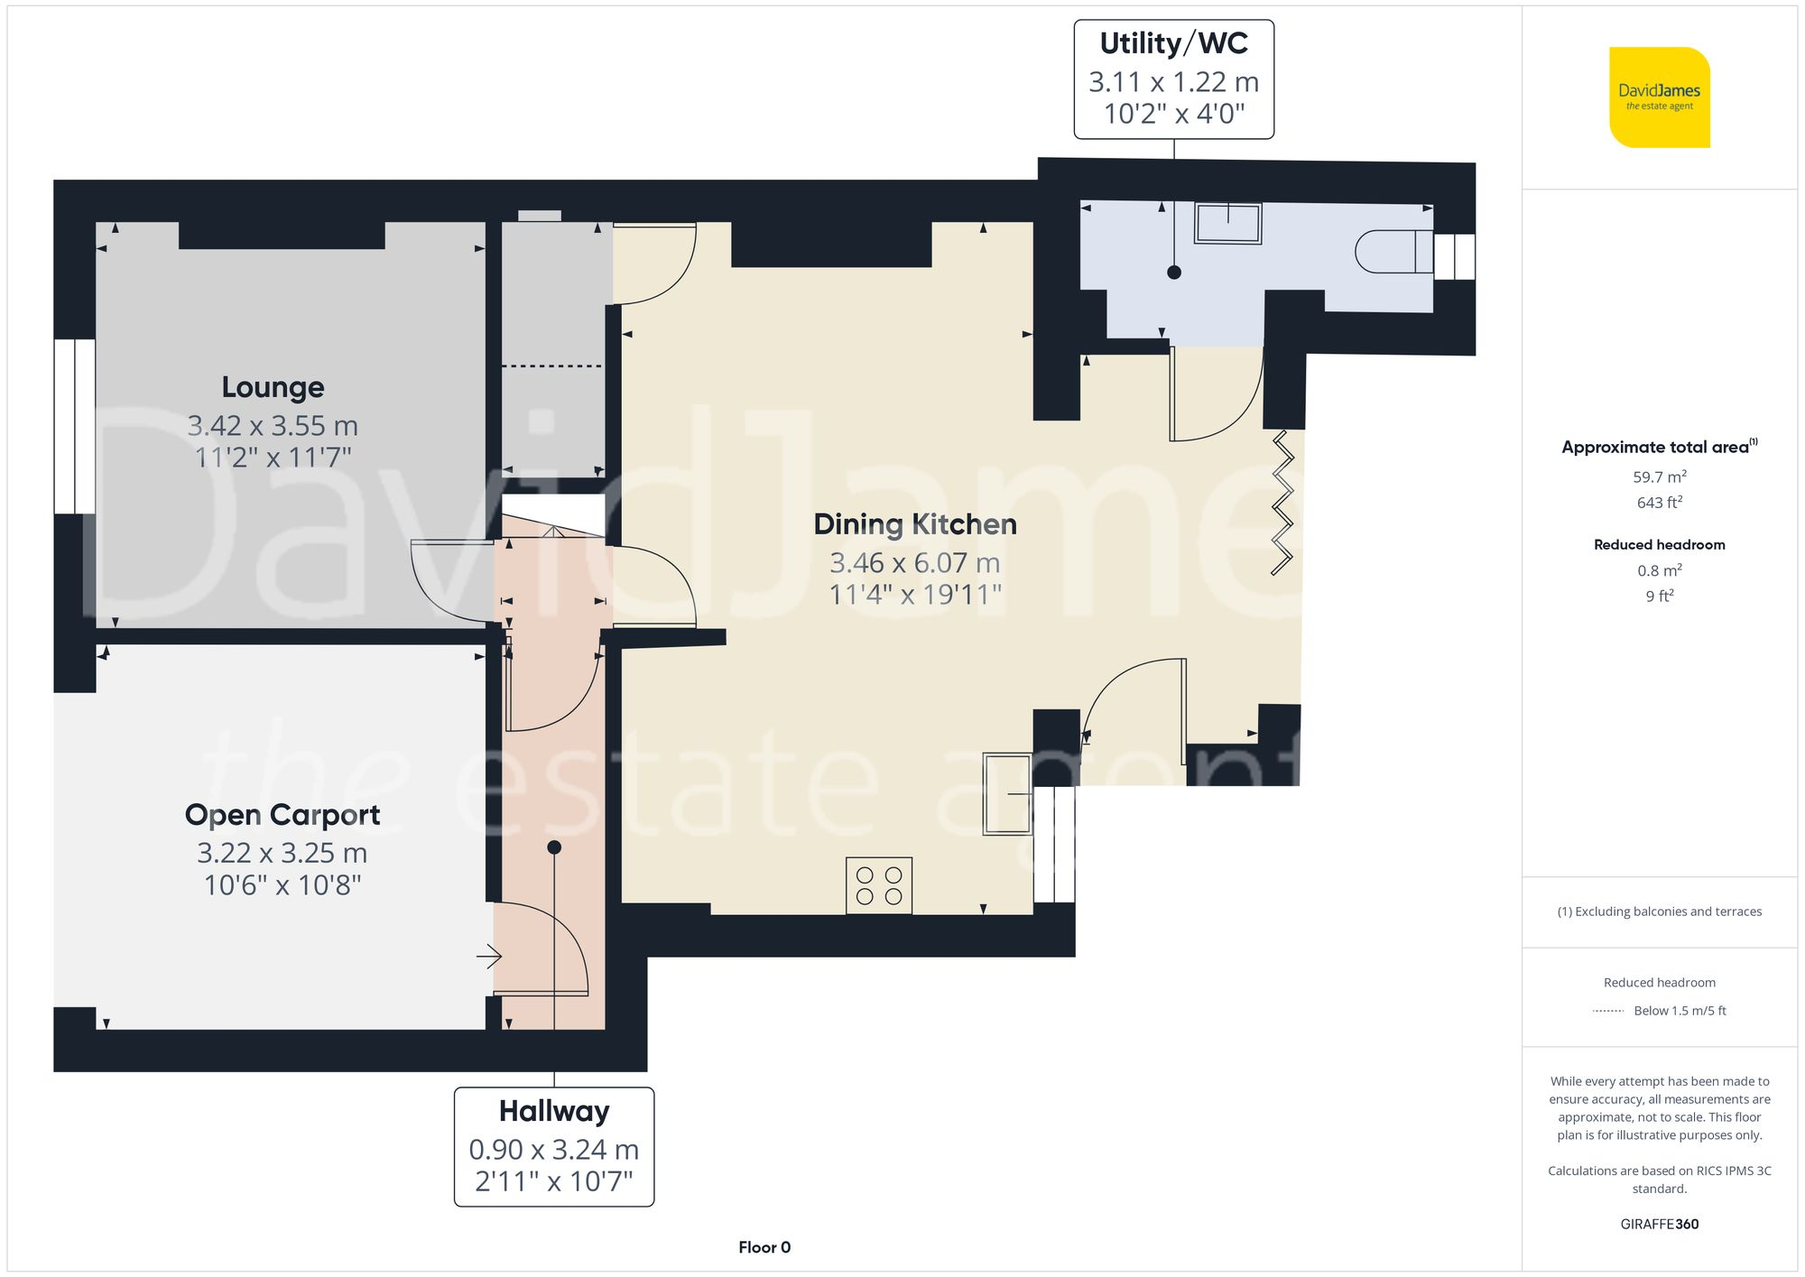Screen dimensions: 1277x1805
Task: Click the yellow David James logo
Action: pos(1659,97)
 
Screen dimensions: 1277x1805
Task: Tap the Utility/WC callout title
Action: pos(1173,43)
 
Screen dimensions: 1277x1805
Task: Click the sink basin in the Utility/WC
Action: pos(1227,222)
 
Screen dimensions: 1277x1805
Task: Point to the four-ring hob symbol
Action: pos(879,885)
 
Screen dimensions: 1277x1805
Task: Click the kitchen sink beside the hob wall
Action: pos(1008,793)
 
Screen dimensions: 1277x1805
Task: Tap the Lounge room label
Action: pos(273,387)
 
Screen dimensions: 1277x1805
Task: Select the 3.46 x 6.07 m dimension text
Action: pos(914,563)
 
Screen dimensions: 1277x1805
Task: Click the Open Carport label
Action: pos(282,815)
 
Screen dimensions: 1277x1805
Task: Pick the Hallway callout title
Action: pos(554,1111)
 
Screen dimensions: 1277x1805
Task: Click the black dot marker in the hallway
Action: pos(554,847)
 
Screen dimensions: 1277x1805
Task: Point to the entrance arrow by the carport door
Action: pos(488,956)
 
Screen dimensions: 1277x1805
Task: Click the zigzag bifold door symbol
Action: pos(1283,503)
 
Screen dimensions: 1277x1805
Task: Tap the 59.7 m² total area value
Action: pos(1659,477)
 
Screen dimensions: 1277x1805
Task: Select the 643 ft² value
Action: pos(1659,503)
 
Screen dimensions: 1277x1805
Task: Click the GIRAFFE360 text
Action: pos(1659,1224)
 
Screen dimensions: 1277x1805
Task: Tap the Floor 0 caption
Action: pos(764,1247)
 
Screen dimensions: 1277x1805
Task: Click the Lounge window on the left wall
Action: pos(74,427)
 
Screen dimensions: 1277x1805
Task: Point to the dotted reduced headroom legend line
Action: pos(1608,1011)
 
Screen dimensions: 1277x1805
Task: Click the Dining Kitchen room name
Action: pos(914,524)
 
